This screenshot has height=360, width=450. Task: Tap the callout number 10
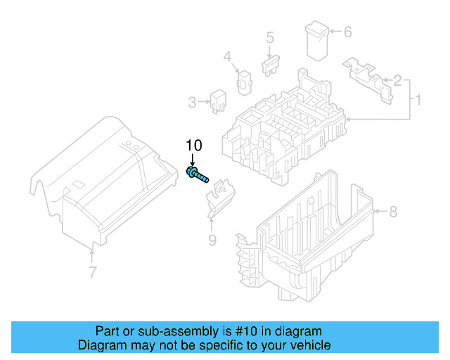pyautogui.click(x=193, y=146)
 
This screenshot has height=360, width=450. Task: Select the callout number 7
pyautogui.click(x=92, y=272)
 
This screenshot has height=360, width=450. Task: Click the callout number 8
pyautogui.click(x=393, y=211)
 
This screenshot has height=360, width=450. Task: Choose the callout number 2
pyautogui.click(x=397, y=81)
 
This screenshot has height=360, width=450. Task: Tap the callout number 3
pyautogui.click(x=192, y=103)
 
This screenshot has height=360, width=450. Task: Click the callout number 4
pyautogui.click(x=227, y=56)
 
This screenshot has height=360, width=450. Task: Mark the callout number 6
pyautogui.click(x=347, y=32)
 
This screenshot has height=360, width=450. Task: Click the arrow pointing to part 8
pyautogui.click(x=380, y=211)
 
